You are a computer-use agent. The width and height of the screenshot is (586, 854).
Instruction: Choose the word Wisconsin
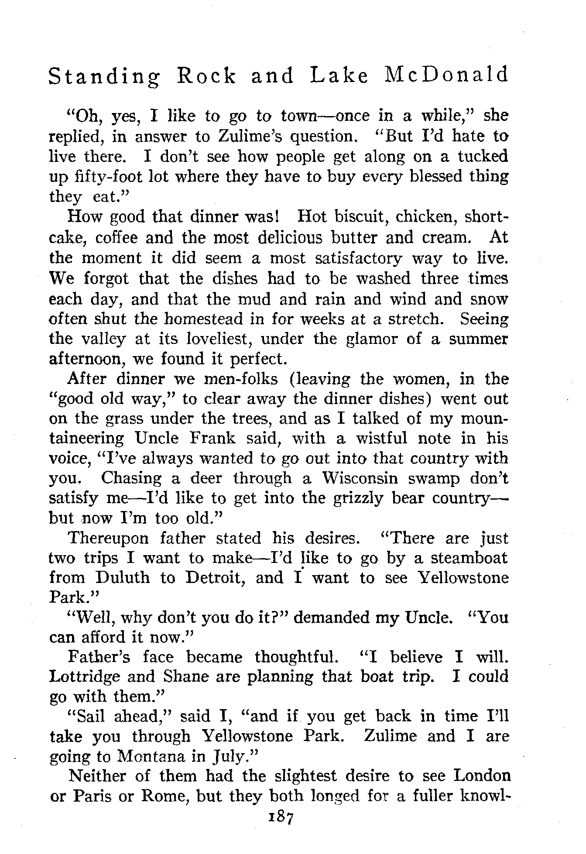pyautogui.click(x=360, y=478)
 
